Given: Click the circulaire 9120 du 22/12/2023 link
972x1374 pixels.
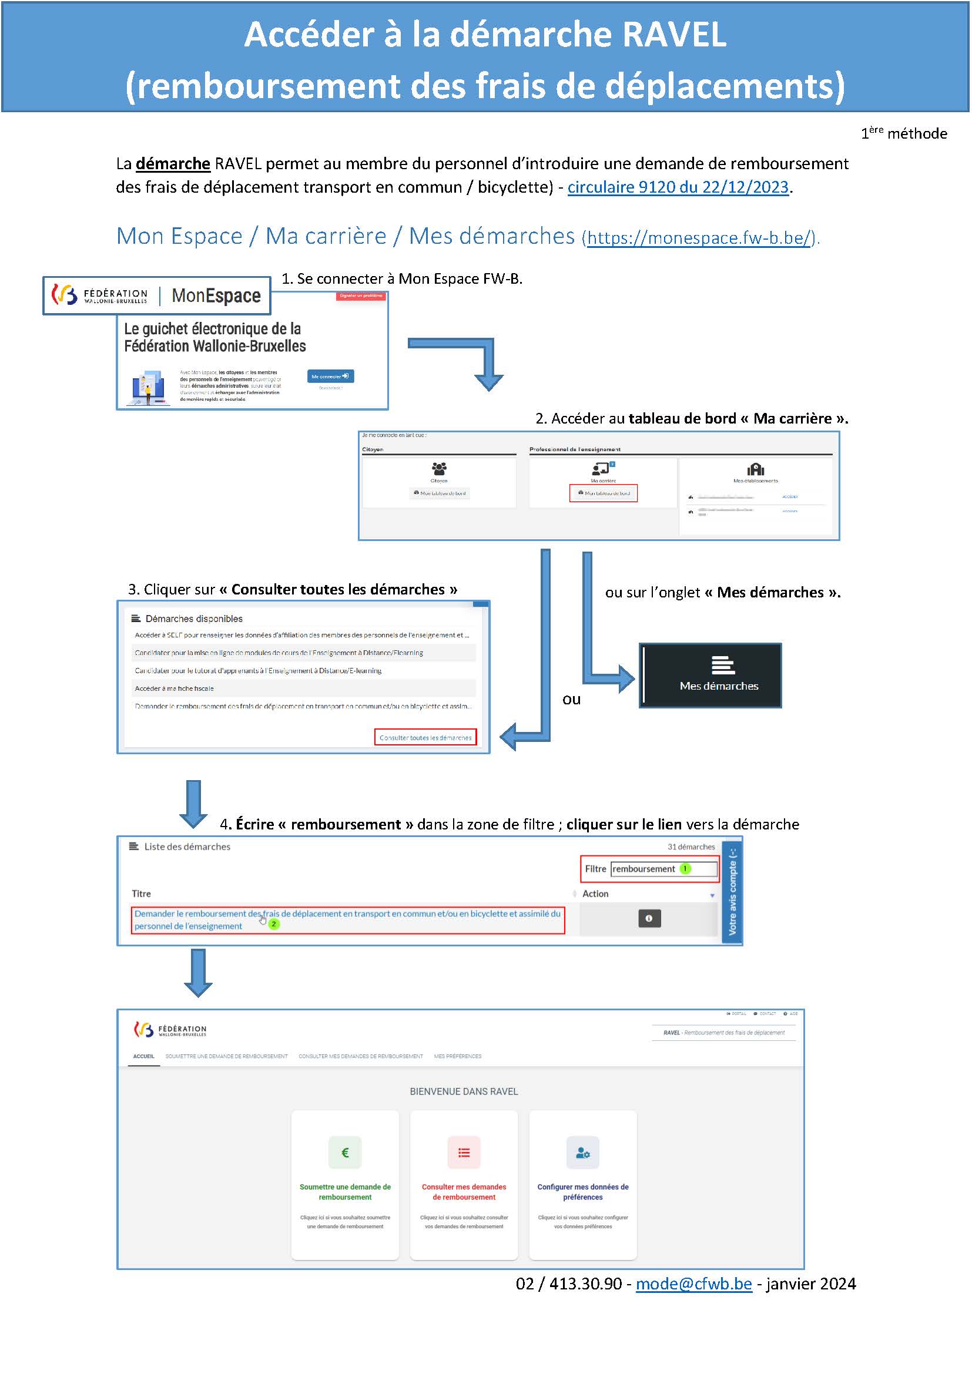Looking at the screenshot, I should tap(678, 187).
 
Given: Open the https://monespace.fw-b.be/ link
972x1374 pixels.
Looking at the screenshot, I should tap(699, 238).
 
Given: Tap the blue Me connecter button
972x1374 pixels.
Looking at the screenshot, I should tap(330, 377).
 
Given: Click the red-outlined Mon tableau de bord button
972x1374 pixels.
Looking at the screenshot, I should tap(604, 493).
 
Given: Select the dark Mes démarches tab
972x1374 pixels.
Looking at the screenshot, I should tap(711, 676).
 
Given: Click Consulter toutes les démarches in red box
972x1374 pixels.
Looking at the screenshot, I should tap(425, 737).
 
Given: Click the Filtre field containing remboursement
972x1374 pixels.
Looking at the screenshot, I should tap(663, 868).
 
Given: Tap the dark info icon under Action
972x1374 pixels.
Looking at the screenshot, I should tap(649, 918).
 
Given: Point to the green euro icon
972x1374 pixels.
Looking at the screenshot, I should tap(345, 1152).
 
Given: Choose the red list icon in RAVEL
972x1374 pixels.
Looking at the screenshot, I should tap(464, 1152).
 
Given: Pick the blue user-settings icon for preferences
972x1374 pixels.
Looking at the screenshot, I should tap(582, 1152).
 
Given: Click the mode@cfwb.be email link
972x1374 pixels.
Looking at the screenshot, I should tap(693, 1284).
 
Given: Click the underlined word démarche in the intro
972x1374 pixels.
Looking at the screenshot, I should tap(173, 163).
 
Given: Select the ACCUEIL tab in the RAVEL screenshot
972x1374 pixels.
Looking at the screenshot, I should tap(143, 1056).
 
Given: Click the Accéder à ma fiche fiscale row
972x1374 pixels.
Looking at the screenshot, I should tap(174, 688).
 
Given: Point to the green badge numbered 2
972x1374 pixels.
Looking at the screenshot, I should tap(273, 924).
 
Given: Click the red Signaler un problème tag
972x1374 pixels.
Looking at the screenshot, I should tap(361, 295).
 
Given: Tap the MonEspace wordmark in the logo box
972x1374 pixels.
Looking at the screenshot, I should tap(216, 295).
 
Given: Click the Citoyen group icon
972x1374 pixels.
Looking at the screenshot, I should tap(439, 468).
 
